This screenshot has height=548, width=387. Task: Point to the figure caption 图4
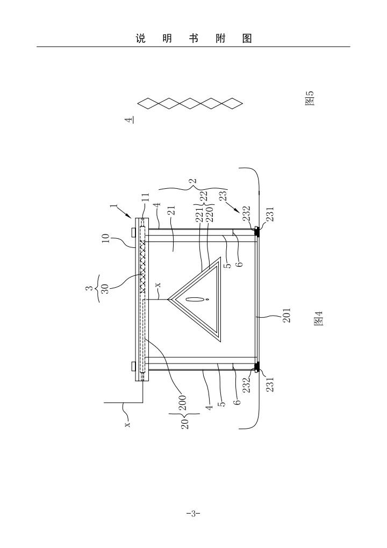318,322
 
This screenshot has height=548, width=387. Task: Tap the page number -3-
193,514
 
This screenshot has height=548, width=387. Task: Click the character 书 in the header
193,39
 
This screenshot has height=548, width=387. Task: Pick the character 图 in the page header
247,39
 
